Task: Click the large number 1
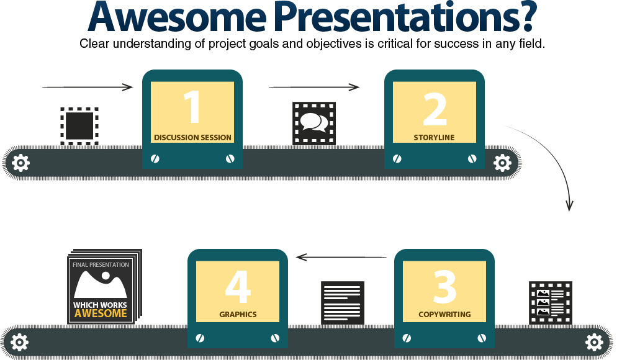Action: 192,108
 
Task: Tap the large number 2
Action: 435,108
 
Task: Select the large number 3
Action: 444,286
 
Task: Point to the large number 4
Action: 238,286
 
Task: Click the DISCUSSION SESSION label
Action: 192,137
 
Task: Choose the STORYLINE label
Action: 434,137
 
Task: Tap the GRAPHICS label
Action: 238,314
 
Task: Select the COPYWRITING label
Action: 444,314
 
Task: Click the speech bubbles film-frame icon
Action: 314,123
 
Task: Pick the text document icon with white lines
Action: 342,302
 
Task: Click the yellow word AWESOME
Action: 101,313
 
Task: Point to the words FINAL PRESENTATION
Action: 101,265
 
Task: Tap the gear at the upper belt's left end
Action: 20,163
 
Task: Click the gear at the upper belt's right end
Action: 502,163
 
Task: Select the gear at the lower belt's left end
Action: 19,341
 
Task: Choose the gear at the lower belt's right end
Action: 594,341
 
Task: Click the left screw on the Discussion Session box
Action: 155,159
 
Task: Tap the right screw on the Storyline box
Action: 472,159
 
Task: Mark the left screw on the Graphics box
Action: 200,338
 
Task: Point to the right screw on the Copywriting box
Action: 481,338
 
